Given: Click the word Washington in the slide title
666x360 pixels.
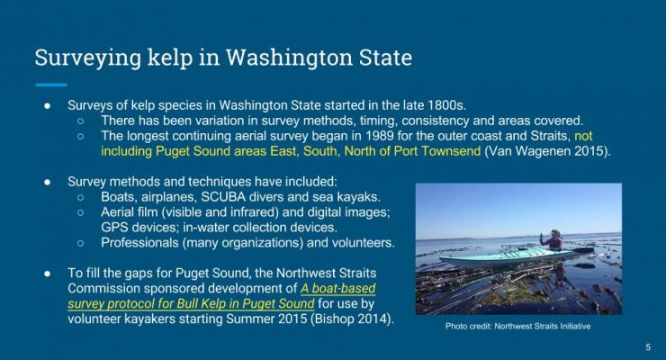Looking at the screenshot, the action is [x=289, y=58].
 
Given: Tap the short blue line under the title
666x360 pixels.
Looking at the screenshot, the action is [x=51, y=85].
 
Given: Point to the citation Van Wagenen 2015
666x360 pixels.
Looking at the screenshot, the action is [x=546, y=151].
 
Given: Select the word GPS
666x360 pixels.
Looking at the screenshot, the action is [x=113, y=228].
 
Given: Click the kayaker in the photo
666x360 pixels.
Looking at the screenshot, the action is [x=553, y=240].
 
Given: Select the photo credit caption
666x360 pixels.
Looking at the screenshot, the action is [x=517, y=327].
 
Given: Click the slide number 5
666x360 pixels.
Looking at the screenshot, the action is [x=648, y=346].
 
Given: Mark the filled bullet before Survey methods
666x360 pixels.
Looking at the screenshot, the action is [x=48, y=182].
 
